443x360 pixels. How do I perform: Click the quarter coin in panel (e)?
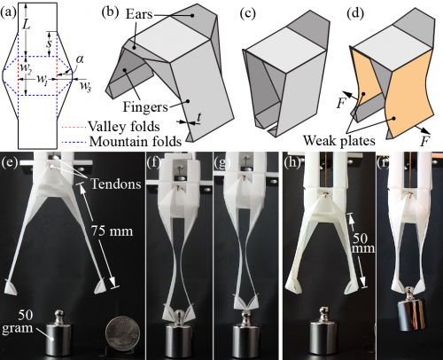point(123,333)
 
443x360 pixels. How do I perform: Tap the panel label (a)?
point(8,13)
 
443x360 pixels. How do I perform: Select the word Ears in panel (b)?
point(139,14)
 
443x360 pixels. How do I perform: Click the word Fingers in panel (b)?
point(145,106)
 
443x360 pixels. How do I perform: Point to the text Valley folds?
point(124,127)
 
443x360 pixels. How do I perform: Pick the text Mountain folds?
point(136,141)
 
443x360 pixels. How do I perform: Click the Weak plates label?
point(339,140)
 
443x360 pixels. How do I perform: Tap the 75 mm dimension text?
point(112,231)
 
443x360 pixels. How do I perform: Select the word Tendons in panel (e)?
point(116,184)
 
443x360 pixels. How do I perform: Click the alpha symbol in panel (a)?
point(80,59)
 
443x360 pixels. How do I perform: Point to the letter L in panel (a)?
point(27,24)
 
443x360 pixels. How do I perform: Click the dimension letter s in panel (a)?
point(50,43)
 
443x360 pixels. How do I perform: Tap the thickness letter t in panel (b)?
point(199,117)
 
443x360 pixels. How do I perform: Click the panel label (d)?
point(356,13)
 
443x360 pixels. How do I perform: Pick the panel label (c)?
point(248,13)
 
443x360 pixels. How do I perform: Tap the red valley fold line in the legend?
point(74,128)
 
